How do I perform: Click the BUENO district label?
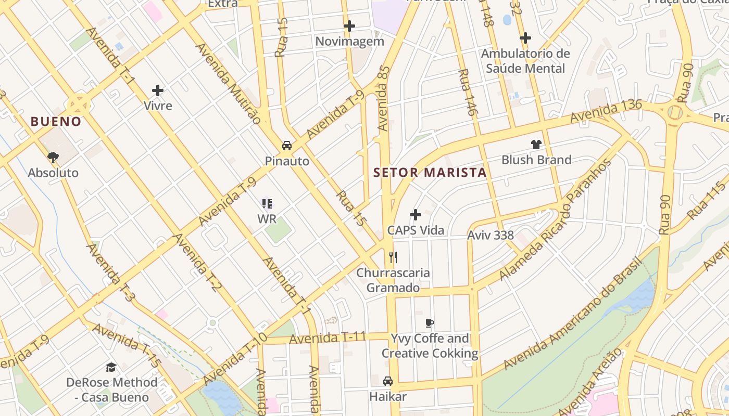click(x=56, y=122)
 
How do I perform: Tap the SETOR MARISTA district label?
click(x=430, y=173)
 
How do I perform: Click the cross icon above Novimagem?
click(x=349, y=25)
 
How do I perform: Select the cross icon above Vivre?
click(x=158, y=90)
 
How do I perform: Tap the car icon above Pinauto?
click(x=287, y=145)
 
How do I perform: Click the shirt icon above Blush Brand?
click(x=536, y=144)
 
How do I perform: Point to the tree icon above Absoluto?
click(x=53, y=157)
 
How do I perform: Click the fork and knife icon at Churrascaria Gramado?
click(x=393, y=257)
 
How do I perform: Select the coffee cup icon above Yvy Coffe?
click(x=430, y=323)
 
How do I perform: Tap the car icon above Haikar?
click(x=388, y=381)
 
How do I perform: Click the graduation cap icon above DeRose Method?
click(x=111, y=367)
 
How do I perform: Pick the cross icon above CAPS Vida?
click(x=416, y=215)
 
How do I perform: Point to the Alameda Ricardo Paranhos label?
click(x=556, y=219)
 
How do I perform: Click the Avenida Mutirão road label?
click(x=228, y=83)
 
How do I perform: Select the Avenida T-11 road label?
click(x=328, y=338)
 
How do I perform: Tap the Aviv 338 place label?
click(x=491, y=235)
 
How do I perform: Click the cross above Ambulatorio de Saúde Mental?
click(x=525, y=38)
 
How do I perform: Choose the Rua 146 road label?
click(x=468, y=92)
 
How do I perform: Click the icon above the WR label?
click(x=267, y=203)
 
